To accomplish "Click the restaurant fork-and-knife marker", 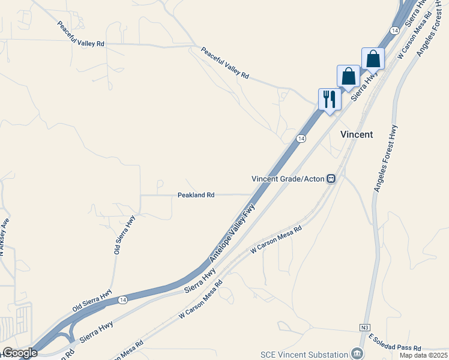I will [x=329, y=99].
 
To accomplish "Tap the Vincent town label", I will [x=357, y=134].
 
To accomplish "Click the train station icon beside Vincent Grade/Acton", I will [x=331, y=179].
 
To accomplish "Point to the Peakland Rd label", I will [x=196, y=195].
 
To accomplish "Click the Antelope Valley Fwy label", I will [x=233, y=233].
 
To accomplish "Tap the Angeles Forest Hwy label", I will [x=385, y=158].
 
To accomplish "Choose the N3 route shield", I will [x=365, y=327].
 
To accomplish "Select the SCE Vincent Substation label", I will [x=304, y=354].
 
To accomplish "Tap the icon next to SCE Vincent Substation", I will [x=358, y=353].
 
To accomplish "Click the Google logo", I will [x=20, y=353].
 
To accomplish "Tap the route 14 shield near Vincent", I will [x=301, y=139].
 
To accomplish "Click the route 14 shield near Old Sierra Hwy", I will [x=123, y=299].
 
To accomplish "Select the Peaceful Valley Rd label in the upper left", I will [x=81, y=35].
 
